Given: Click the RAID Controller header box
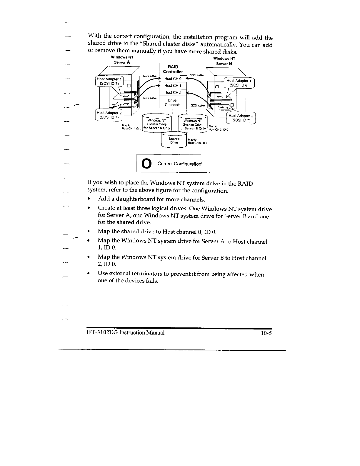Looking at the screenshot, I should [x=173, y=69].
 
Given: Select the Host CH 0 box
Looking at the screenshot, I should [x=173, y=79].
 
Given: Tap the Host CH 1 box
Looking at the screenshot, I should [x=173, y=86].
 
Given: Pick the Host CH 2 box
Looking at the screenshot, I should [x=173, y=93].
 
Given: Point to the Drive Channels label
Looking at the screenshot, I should [x=173, y=103].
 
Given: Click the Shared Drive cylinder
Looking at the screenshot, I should [x=174, y=141].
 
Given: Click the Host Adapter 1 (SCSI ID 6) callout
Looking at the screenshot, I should [x=239, y=83].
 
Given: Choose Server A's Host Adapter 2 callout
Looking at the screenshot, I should [x=109, y=115].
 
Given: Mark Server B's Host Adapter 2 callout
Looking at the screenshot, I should [x=241, y=118].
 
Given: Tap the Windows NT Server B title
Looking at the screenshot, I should [x=224, y=61].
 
